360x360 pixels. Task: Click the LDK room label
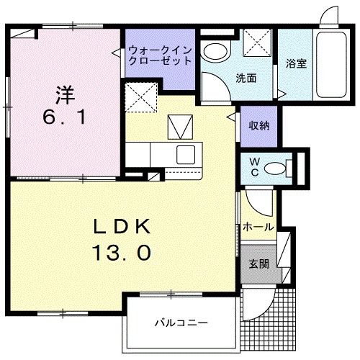tap(122, 228)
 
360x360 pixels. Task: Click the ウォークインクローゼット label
tap(160, 55)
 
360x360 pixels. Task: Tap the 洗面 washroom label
tap(247, 78)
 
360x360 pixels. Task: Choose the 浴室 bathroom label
tap(296, 63)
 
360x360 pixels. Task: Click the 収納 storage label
tap(259, 125)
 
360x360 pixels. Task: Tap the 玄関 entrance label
tap(260, 264)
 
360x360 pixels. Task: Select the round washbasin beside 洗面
tap(214, 52)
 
